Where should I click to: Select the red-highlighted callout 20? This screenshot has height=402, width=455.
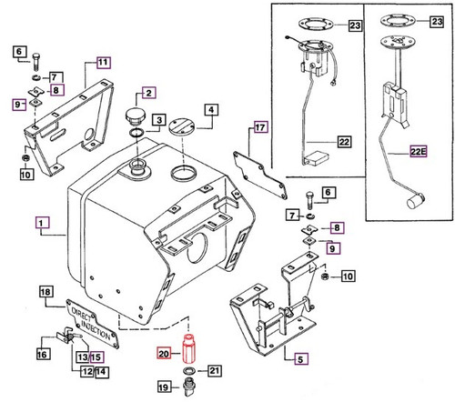click(x=164, y=355)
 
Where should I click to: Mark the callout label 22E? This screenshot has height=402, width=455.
click(x=418, y=152)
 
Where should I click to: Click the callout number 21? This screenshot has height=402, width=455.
click(x=215, y=370)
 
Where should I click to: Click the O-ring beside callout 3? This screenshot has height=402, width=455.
click(x=136, y=134)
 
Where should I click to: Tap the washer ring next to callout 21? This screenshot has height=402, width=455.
click(x=188, y=372)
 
